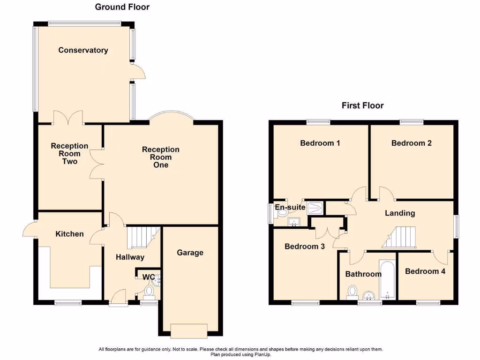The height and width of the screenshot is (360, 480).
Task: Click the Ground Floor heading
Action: (122, 7)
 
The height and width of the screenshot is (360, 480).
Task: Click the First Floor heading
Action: (362, 105)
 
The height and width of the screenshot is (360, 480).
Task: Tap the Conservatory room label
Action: (83, 50)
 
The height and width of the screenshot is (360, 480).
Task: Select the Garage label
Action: (190, 253)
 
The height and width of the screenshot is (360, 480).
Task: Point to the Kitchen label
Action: (69, 234)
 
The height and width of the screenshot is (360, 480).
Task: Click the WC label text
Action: (149, 277)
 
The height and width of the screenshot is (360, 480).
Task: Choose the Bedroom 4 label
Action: (425, 271)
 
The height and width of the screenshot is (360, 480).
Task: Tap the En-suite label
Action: (290, 207)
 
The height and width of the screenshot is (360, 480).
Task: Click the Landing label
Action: (400, 213)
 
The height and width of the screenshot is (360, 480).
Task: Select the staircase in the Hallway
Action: (142, 236)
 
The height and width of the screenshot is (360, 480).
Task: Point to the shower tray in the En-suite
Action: (315, 208)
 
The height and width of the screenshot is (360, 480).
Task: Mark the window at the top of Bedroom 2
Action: (412, 122)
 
